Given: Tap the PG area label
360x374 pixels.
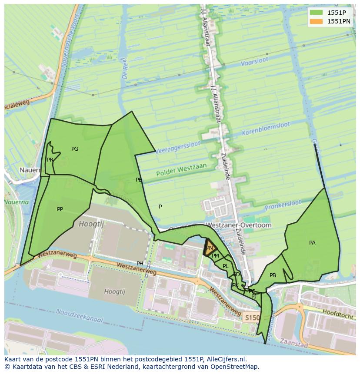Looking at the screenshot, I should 75,149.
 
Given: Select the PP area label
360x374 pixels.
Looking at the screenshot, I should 60,209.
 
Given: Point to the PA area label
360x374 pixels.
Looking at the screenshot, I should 312,243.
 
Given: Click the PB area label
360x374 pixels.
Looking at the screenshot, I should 273,275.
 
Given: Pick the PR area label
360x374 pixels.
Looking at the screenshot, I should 50,160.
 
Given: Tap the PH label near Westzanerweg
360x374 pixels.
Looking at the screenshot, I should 140,264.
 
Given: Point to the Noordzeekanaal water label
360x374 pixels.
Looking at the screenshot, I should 79,316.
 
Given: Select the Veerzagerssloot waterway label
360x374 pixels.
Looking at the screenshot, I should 177,146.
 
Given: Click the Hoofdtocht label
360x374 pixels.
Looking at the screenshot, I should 337,314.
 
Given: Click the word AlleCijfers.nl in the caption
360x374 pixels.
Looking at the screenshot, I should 225,359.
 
